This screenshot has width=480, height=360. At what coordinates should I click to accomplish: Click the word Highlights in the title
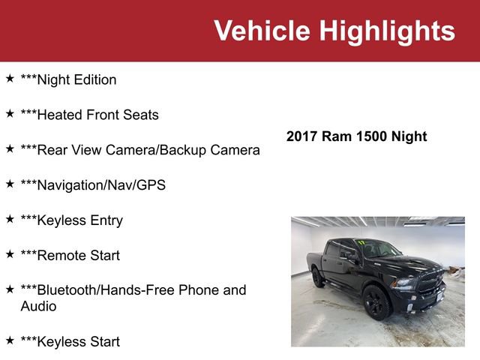click(x=387, y=31)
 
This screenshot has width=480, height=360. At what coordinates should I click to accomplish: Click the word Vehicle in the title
click(x=262, y=31)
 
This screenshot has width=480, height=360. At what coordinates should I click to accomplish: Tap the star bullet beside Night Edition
click(x=10, y=78)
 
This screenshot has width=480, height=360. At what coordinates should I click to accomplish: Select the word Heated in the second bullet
click(x=59, y=115)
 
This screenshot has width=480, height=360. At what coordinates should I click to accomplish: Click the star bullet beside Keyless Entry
click(x=10, y=218)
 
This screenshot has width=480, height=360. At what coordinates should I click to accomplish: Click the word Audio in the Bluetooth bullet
click(x=38, y=306)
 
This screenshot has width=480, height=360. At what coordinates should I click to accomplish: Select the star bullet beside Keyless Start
click(x=10, y=340)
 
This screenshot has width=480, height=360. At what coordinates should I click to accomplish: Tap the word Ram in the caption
click(x=337, y=136)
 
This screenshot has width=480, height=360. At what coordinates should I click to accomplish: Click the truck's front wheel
click(x=376, y=303)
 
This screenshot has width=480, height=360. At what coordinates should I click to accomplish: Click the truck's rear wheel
click(x=318, y=278)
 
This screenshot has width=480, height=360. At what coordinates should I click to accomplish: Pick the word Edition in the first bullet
click(x=93, y=79)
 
